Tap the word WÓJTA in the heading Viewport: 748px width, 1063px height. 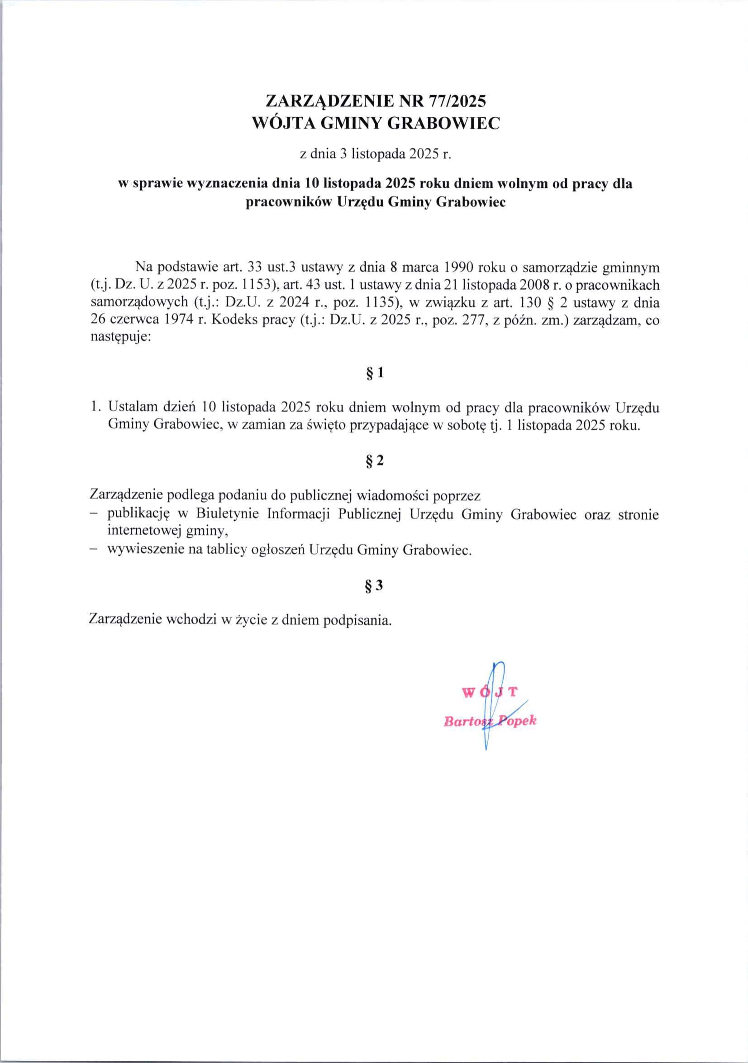(281, 123)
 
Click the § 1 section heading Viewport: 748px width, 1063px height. (375, 373)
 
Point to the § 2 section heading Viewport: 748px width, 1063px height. (375, 461)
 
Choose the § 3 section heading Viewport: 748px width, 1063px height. (375, 586)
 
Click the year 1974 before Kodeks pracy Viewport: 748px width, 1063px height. (177, 321)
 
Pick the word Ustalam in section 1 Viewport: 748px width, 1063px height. (133, 407)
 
